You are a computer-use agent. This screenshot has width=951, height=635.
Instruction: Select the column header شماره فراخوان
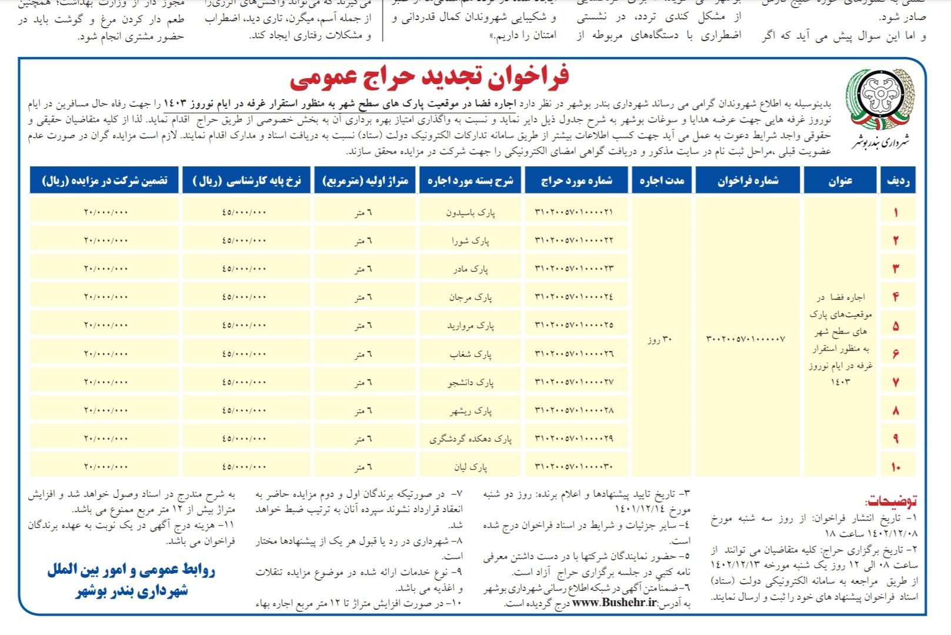(748, 181)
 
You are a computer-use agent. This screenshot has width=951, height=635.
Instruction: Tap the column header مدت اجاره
(662, 181)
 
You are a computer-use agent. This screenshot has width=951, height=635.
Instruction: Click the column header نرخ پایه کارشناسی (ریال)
(247, 181)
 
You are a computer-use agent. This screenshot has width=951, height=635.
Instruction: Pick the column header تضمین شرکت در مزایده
(104, 181)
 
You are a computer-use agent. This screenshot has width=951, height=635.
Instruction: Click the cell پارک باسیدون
(470, 212)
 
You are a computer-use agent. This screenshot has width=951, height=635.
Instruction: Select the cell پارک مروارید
(470, 325)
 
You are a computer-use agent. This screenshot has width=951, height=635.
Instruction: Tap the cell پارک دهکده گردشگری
(470, 439)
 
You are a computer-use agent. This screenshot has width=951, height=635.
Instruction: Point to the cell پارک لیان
(470, 467)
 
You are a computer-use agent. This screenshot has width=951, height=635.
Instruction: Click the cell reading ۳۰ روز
(659, 339)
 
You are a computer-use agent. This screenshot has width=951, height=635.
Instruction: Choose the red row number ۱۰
(896, 467)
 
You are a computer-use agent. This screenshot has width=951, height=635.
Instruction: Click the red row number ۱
(896, 212)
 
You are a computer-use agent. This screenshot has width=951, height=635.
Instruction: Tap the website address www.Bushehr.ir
(615, 602)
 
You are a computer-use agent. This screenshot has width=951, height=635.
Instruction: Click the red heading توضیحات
(890, 501)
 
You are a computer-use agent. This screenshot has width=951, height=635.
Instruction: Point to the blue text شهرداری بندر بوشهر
(132, 591)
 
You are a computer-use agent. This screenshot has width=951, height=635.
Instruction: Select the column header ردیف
(898, 181)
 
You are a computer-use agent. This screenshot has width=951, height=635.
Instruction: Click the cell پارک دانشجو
(470, 382)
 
